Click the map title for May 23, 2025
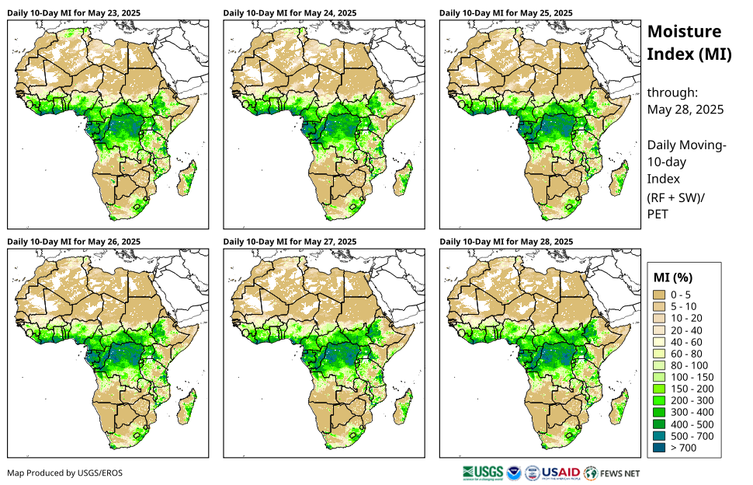pyautogui.click(x=74, y=13)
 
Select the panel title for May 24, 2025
pyautogui.click(x=290, y=13)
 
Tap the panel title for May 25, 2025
pyautogui.click(x=505, y=13)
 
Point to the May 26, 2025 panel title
pyautogui.click(x=74, y=242)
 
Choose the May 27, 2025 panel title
pyautogui.click(x=290, y=242)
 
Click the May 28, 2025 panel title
pyautogui.click(x=505, y=242)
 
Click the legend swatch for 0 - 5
pyautogui.click(x=660, y=295)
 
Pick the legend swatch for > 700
pyautogui.click(x=660, y=448)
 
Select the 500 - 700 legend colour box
pyautogui.click(x=660, y=436)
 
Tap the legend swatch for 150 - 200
pyautogui.click(x=660, y=389)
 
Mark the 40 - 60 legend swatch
pyautogui.click(x=660, y=342)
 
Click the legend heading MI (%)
pyautogui.click(x=673, y=277)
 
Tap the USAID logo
pyautogui.click(x=560, y=473)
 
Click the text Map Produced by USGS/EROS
pyautogui.click(x=64, y=473)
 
